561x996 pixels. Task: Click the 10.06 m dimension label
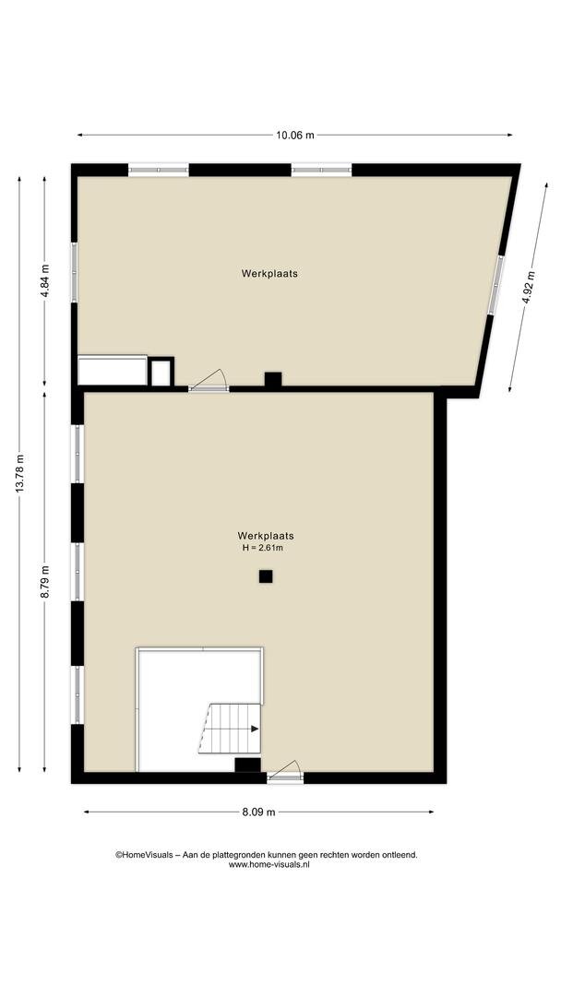294,135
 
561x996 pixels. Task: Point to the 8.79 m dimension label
44,581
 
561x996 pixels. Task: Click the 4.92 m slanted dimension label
529,288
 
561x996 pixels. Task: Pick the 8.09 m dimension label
258,812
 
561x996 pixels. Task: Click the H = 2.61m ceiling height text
262,548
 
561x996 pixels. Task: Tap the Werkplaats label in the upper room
269,274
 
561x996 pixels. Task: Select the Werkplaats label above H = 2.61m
266,536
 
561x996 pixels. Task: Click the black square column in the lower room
266,576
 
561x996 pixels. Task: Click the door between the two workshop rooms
209,381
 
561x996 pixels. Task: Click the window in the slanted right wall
495,285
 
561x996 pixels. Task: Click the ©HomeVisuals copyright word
144,855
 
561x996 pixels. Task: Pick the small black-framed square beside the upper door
161,373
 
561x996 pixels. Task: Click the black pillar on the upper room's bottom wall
273,379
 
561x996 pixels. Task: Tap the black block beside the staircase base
248,765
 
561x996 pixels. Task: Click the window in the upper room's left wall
75,272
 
